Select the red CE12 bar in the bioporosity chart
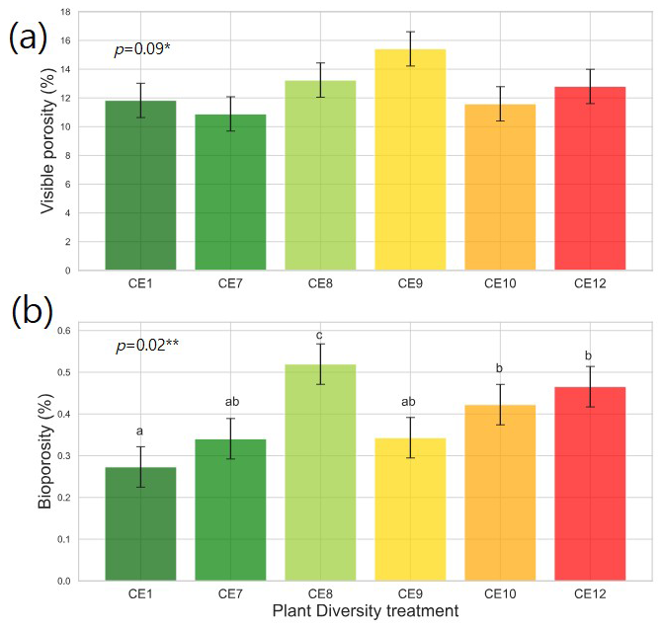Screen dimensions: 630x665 pyautogui.click(x=590, y=484)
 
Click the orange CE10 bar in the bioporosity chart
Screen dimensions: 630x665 pyautogui.click(x=500, y=493)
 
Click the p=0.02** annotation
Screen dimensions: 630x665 pyautogui.click(x=148, y=346)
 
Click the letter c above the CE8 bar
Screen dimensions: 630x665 pyautogui.click(x=320, y=333)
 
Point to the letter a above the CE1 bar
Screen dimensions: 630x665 pyautogui.click(x=140, y=431)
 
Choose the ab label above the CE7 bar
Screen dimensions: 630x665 pyautogui.click(x=230, y=402)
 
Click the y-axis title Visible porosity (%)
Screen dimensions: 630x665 pyautogui.click(x=46, y=141)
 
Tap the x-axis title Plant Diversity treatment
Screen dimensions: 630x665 pyautogui.click(x=365, y=612)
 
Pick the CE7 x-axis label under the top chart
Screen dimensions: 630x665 pyautogui.click(x=230, y=284)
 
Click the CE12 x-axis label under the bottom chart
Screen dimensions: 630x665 pyautogui.click(x=590, y=595)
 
